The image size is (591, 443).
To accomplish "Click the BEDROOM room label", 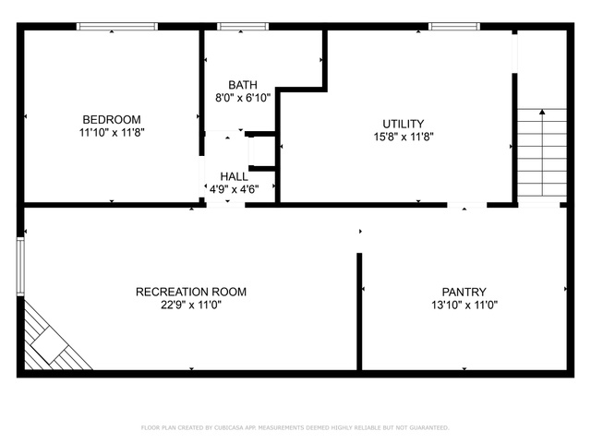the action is (112, 120).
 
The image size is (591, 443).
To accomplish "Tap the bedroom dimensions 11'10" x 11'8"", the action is (112, 133).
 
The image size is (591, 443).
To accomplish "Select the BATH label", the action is (243, 85).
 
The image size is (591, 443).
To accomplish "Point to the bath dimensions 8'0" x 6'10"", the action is (243, 98).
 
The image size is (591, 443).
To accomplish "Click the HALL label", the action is (234, 176).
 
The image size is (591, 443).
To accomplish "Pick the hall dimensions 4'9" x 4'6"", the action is (234, 189).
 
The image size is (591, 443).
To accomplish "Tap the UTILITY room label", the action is (404, 124).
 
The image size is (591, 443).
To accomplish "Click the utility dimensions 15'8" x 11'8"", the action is (404, 137).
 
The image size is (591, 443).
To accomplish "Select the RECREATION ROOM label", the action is (191, 292).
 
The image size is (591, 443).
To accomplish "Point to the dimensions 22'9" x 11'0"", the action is (191, 305).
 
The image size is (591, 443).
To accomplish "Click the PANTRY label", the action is (464, 292).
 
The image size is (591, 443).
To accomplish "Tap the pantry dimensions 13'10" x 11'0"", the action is (464, 305).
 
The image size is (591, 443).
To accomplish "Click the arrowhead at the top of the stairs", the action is (542, 112).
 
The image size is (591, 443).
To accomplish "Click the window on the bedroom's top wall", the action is (117, 27).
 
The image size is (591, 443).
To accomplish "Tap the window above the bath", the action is (243, 27).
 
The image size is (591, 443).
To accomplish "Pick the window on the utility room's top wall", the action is (454, 27).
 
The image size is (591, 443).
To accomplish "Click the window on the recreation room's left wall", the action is (20, 267).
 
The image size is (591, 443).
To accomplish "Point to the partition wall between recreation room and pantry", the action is (359, 312).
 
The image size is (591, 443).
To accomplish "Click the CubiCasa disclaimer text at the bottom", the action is (295, 427).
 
